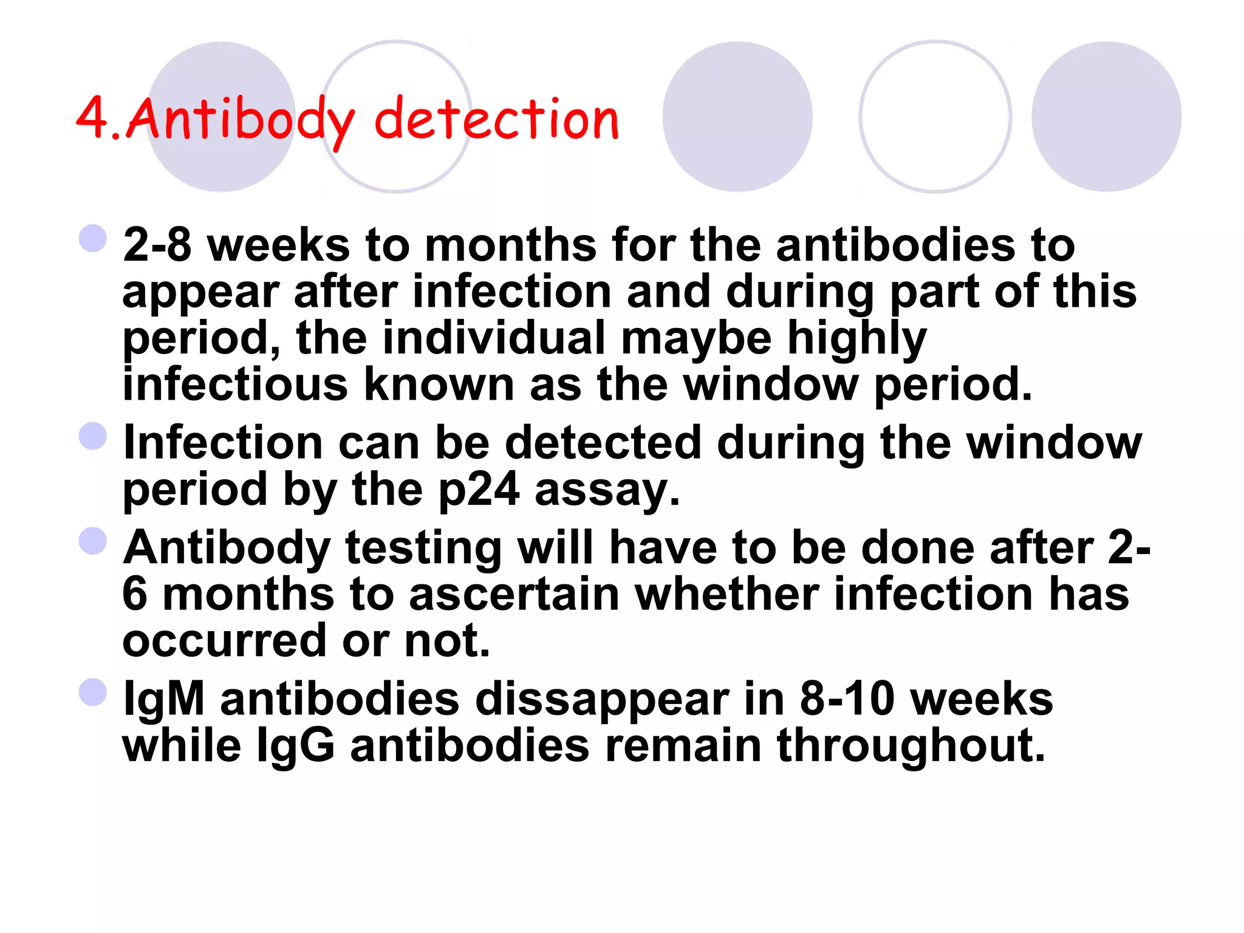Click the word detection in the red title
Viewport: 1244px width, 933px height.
point(496,118)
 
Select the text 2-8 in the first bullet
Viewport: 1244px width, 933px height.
point(157,245)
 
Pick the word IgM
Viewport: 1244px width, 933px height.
point(163,699)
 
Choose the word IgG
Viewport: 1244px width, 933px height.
point(296,745)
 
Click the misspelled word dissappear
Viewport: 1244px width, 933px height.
point(602,699)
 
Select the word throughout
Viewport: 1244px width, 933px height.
point(911,745)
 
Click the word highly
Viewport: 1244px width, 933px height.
point(857,339)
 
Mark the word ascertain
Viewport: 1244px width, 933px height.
point(514,594)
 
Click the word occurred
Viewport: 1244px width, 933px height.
point(225,640)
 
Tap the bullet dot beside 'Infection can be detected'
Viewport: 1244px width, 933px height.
point(93,436)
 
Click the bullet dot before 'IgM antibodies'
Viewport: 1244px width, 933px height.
point(93,692)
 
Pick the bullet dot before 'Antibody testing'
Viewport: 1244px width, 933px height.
point(93,541)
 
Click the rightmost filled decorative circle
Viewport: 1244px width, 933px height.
point(1106,117)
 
